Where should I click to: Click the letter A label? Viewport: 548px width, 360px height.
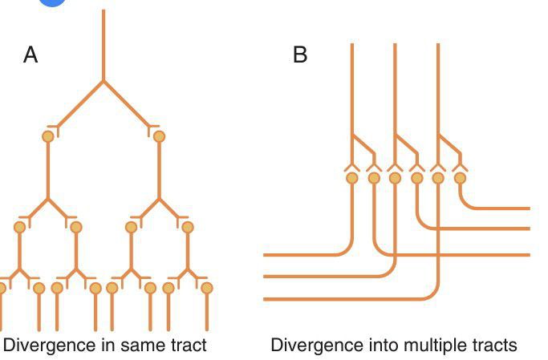pos(30,55)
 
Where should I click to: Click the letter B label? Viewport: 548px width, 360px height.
pos(300,55)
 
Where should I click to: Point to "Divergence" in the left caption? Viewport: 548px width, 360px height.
pos(43,346)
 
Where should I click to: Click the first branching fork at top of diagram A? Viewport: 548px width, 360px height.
pos(104,81)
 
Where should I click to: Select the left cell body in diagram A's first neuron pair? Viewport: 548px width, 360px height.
pos(48,136)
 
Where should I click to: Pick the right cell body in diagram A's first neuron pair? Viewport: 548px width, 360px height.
pos(159,136)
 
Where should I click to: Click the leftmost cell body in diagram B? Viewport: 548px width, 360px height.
pos(351,178)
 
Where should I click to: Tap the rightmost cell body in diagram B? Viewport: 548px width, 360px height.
pos(460,178)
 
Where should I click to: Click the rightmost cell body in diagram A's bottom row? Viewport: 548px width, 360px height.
pos(207,287)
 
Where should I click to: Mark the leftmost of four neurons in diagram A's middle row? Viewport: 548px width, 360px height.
pos(20,227)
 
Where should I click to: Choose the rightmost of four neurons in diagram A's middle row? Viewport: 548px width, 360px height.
pos(188,227)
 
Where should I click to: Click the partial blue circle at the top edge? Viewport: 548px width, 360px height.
pos(53,2)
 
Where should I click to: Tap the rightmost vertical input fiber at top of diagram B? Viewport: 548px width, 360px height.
pos(438,80)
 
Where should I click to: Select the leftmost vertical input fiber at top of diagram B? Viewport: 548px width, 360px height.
pos(352,80)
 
